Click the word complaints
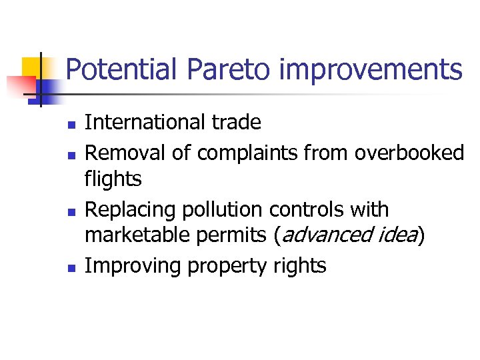point(248,153)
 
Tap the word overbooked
point(409,153)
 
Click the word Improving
point(133,266)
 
